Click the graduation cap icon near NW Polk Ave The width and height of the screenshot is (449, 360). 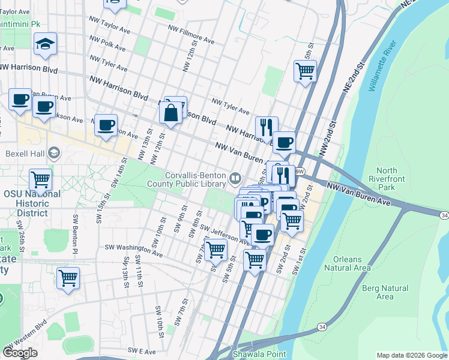point(45,44)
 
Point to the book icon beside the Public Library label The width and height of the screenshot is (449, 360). point(236,177)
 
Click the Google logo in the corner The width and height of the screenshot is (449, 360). point(20,353)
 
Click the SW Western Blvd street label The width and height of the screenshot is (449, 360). point(26,337)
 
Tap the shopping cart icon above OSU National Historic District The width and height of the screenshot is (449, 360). point(40,179)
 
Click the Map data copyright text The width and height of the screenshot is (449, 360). point(412,355)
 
